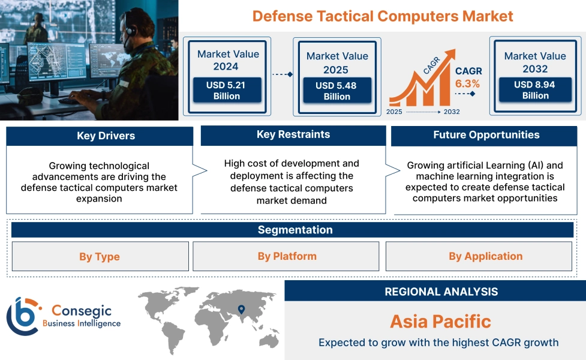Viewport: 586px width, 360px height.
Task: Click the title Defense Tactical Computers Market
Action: click(x=383, y=16)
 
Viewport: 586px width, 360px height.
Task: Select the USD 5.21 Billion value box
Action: click(x=227, y=91)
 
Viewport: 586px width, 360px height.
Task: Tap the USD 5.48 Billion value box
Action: click(x=336, y=91)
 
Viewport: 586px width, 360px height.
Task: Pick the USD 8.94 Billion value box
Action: click(x=534, y=90)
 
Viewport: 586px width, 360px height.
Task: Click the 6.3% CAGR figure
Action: click(x=467, y=83)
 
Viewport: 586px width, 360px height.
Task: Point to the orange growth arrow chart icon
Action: click(x=420, y=84)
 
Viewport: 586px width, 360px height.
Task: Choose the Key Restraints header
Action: click(x=293, y=134)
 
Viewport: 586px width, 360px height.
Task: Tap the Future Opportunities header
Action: click(x=486, y=135)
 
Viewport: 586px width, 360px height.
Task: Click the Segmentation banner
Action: click(x=294, y=230)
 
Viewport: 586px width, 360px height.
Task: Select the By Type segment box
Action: click(x=100, y=257)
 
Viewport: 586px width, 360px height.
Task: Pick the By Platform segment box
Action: click(x=287, y=256)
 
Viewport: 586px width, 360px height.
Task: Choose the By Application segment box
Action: click(x=485, y=256)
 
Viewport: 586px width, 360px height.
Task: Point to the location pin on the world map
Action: click(x=241, y=310)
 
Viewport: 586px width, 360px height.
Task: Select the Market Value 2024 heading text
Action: click(x=228, y=60)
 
